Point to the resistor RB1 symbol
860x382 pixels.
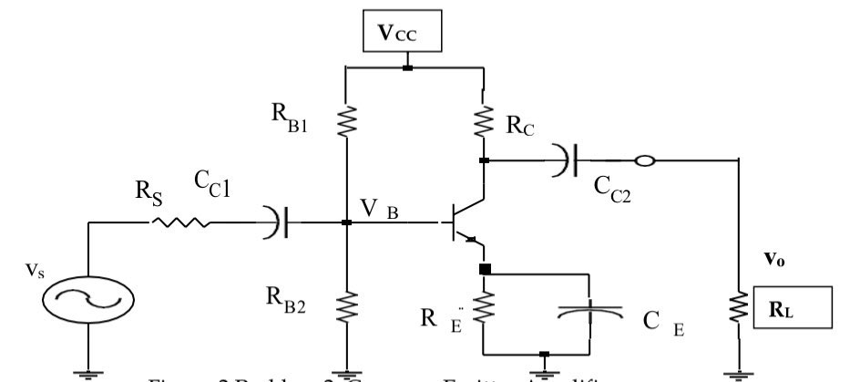coord(346,119)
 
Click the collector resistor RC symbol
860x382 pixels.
coord(483,119)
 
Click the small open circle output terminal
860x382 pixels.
coord(643,161)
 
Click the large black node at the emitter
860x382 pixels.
coord(484,270)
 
